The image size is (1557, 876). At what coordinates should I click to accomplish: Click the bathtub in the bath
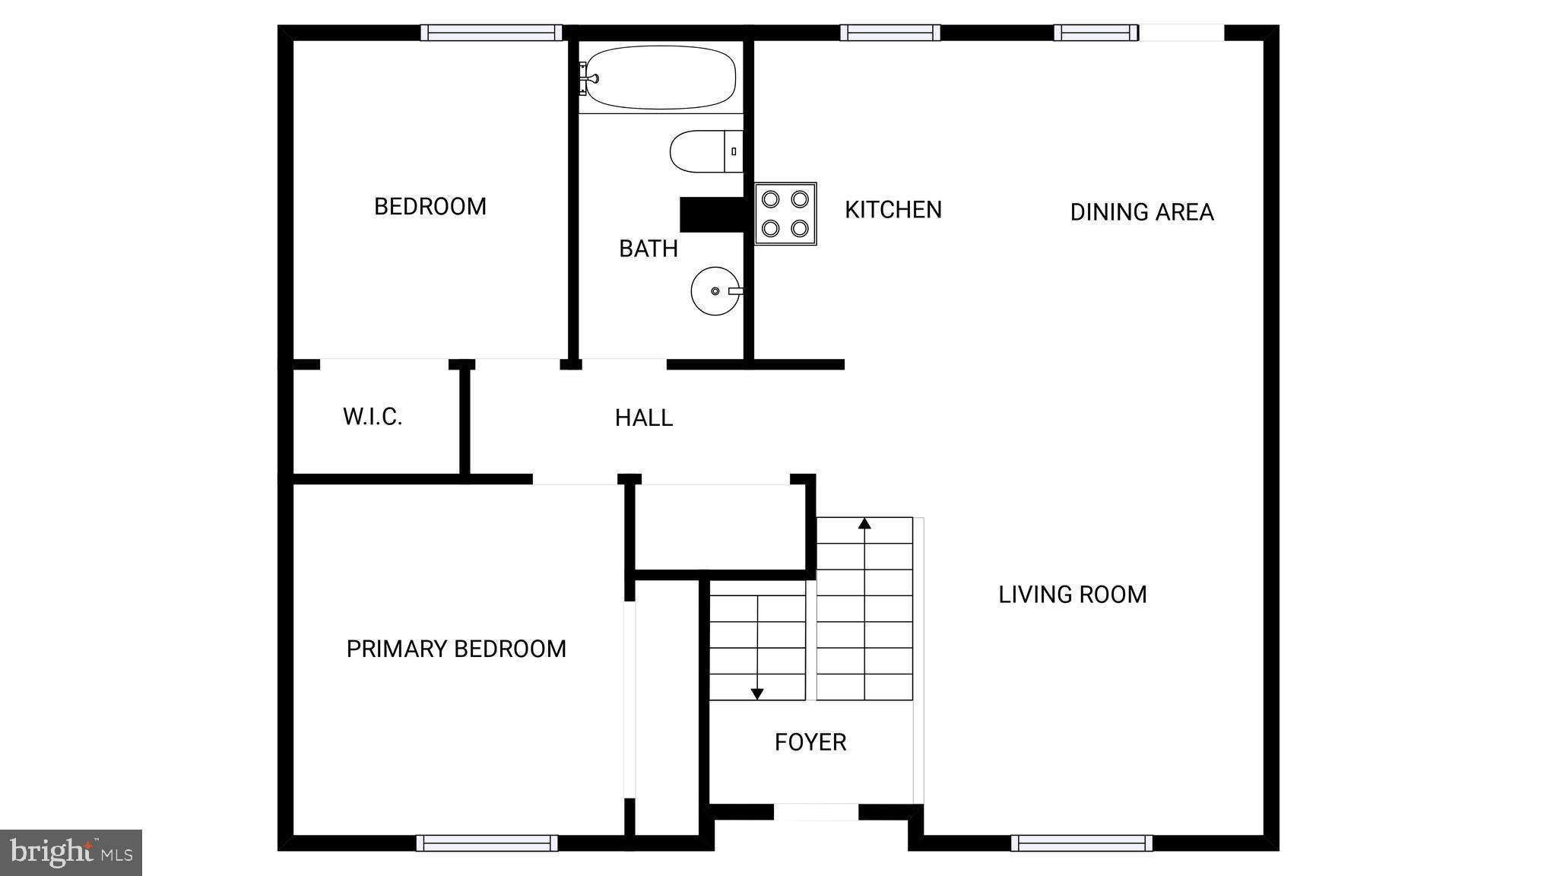click(660, 78)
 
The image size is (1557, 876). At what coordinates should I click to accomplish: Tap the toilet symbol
click(703, 151)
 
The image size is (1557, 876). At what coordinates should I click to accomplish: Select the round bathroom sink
click(715, 290)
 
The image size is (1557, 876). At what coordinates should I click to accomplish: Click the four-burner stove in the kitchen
click(785, 213)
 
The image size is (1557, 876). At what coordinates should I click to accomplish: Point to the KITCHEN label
click(893, 210)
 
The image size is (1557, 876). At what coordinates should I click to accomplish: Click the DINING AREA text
click(1141, 212)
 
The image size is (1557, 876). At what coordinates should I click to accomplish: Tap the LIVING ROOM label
click(1072, 595)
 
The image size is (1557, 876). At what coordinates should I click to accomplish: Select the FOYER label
click(810, 742)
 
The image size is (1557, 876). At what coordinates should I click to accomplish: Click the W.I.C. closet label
click(372, 417)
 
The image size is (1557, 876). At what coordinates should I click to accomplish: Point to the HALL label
click(643, 418)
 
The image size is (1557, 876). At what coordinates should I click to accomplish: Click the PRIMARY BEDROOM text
click(456, 649)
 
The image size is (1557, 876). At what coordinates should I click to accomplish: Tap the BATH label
click(648, 249)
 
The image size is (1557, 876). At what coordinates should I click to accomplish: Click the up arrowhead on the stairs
click(864, 523)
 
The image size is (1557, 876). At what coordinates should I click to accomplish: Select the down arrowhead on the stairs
click(757, 693)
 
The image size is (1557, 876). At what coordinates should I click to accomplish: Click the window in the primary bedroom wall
click(487, 843)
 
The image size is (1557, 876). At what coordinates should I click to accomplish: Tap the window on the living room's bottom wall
click(1081, 843)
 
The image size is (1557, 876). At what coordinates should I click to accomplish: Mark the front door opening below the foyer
click(816, 812)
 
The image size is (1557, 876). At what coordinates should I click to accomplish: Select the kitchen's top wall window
click(889, 33)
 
